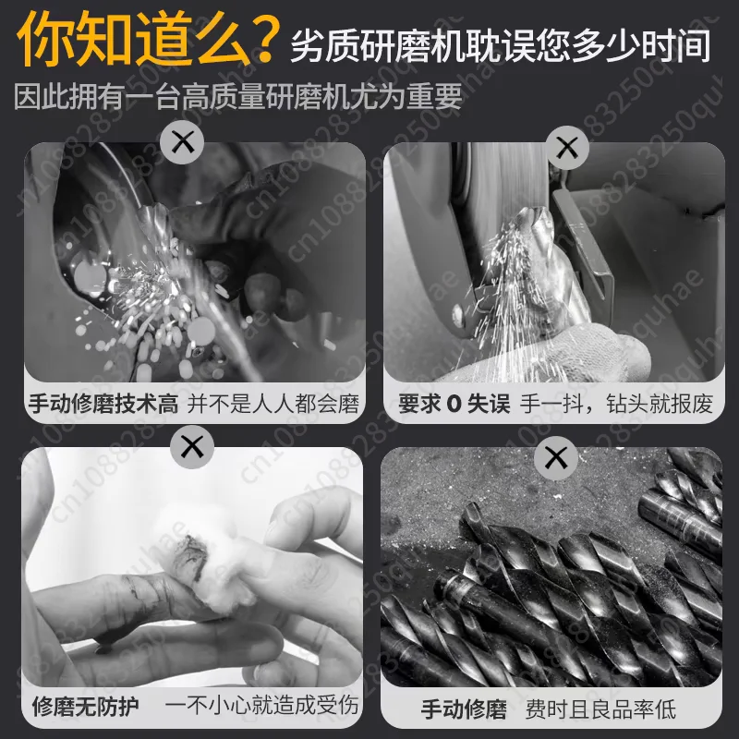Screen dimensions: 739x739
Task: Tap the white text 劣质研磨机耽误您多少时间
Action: click(500, 45)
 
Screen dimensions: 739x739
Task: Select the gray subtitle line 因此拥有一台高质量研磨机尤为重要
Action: click(238, 96)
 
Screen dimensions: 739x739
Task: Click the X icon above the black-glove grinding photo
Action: click(182, 142)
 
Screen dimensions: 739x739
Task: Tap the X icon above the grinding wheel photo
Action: click(567, 148)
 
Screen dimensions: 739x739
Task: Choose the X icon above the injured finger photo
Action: click(192, 446)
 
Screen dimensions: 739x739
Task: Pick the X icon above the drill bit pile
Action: click(556, 457)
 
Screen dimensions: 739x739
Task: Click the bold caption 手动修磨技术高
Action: click(103, 404)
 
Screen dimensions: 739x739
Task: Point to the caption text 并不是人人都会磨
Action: click(273, 404)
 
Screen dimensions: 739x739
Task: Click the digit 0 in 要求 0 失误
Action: click(454, 405)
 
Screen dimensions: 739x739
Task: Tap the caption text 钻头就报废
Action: click(660, 404)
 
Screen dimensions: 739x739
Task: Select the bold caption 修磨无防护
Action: click(85, 707)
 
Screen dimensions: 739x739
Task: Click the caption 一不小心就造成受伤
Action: click(262, 706)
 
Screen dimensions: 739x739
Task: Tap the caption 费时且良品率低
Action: click(600, 709)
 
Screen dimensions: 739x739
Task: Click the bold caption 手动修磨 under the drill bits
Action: click(465, 709)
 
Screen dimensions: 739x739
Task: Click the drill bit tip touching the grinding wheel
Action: click(533, 219)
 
